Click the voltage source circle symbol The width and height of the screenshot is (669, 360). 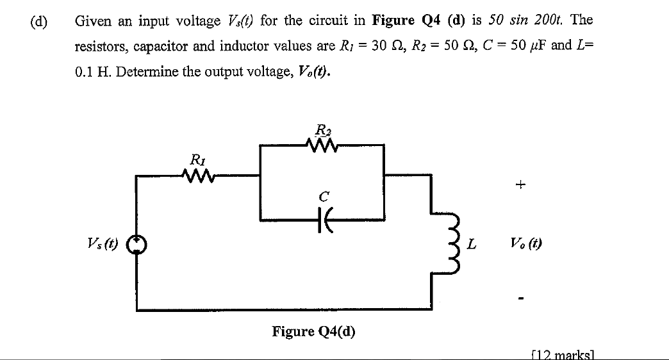[135, 244]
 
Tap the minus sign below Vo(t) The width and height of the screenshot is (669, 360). [522, 298]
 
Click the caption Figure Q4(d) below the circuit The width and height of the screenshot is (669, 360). [313, 331]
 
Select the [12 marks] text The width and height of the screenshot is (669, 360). [564, 354]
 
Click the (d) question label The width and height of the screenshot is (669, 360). [38, 20]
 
